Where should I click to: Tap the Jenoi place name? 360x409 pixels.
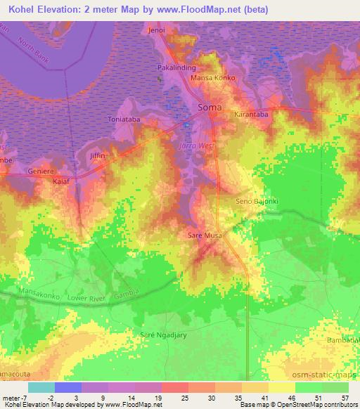(161, 31)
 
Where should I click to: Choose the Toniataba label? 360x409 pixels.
(124, 120)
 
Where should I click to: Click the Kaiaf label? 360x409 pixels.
(61, 181)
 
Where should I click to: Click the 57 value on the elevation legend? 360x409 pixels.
(345, 398)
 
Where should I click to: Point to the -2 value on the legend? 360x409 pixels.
(41, 398)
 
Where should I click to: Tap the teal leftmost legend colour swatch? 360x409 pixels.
(41, 387)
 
